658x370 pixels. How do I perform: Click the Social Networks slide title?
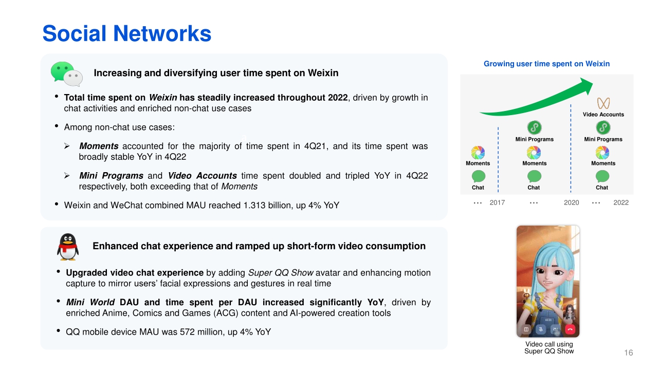tap(127, 33)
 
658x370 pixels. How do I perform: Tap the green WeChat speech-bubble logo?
tap(66, 73)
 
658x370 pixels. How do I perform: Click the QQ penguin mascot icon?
tap(68, 247)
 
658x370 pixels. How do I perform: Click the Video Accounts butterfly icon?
tap(604, 103)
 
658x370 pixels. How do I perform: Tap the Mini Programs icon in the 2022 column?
tap(603, 128)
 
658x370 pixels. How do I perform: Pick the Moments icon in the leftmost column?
tap(478, 153)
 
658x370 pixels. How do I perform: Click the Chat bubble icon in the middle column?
tap(534, 176)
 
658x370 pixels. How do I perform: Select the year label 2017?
tap(497, 202)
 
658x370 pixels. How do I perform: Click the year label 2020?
tap(571, 202)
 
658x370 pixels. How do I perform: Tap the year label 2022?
tap(621, 202)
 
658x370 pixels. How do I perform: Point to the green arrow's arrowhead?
tap(586, 85)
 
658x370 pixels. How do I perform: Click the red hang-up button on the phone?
tap(570, 329)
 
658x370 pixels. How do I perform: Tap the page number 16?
tap(629, 353)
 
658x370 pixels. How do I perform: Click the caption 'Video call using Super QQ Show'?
tap(549, 348)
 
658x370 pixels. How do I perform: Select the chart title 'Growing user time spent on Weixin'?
tap(546, 64)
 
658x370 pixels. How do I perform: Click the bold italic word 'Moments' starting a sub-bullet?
tap(99, 146)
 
